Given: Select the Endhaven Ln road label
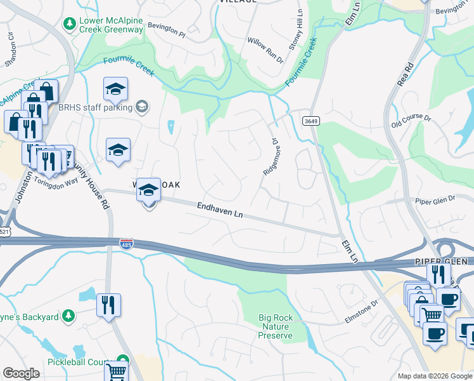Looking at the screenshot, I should click(220, 210).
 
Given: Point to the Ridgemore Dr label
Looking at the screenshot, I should click(271, 157).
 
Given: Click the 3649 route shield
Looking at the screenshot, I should click(310, 121).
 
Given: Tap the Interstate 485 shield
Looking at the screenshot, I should click(125, 243).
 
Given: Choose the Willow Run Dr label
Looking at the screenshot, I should click(266, 50).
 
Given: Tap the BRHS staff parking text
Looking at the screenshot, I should click(95, 107).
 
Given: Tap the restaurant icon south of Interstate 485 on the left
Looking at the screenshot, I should click(108, 304).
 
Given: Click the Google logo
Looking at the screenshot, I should click(21, 373).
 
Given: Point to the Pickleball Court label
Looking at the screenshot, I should click(77, 361).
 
